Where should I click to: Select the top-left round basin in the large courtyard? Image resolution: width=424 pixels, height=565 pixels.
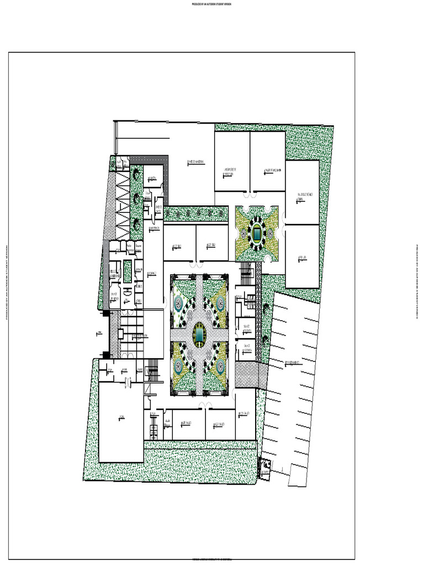tap(178, 302)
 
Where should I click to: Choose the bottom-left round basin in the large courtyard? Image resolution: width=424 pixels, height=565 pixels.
tap(178, 365)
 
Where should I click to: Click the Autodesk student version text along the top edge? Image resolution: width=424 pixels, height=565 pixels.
tap(211, 4)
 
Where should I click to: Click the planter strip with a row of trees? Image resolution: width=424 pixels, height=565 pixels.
tap(196, 213)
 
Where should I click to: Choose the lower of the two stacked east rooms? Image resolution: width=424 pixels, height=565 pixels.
tap(303, 257)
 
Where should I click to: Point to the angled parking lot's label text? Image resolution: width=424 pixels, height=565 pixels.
tap(293, 363)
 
